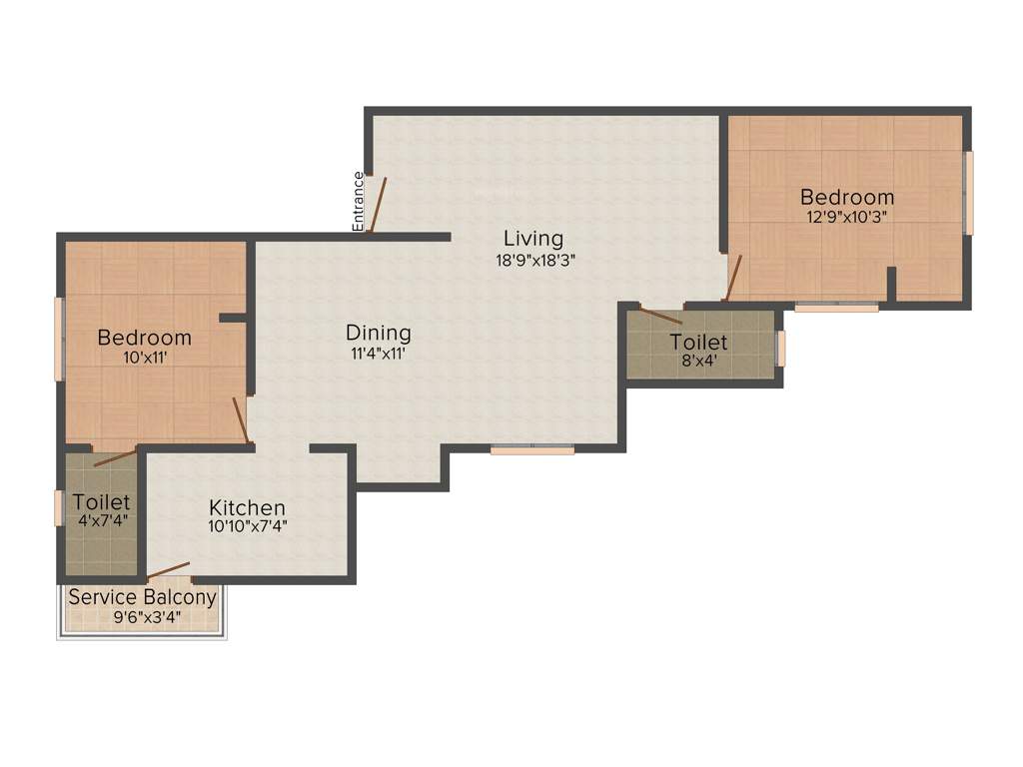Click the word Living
[533, 239]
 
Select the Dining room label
[379, 333]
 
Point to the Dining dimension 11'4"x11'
[379, 352]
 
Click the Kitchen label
[247, 508]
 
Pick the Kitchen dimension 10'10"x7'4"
[247, 527]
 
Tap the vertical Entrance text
[359, 202]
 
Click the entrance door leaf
[377, 205]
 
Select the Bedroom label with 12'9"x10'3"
[847, 197]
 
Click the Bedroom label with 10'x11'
[144, 338]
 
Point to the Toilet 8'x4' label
[698, 343]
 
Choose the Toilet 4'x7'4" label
[102, 501]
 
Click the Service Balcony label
[142, 598]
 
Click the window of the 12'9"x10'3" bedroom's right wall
[968, 193]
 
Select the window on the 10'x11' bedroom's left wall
[59, 339]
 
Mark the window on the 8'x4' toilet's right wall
[781, 348]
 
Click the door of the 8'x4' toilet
[660, 316]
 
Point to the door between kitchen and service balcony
[168, 570]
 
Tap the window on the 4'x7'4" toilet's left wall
[59, 507]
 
